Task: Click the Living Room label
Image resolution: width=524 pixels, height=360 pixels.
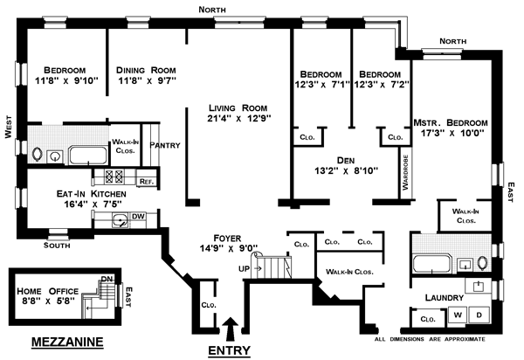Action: (x=235, y=105)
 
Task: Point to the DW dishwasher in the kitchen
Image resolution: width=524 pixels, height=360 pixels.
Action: (x=137, y=216)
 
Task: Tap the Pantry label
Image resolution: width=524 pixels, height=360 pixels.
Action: (x=165, y=146)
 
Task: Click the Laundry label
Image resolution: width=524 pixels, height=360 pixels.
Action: (x=445, y=298)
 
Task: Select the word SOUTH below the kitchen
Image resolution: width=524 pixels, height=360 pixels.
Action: (x=59, y=246)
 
